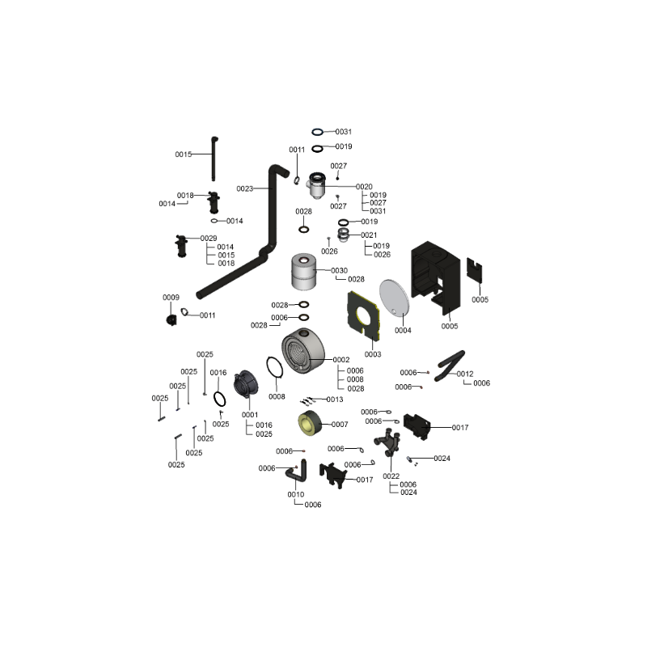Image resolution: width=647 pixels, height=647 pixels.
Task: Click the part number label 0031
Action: [343, 132]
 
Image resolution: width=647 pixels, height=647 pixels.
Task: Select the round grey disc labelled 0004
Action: [395, 297]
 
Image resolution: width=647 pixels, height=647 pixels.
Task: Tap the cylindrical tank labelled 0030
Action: [304, 272]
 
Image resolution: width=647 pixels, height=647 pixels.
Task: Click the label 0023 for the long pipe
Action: [245, 188]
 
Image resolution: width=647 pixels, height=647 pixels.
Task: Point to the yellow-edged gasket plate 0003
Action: [363, 315]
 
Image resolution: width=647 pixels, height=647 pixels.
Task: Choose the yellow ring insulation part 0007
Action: [310, 423]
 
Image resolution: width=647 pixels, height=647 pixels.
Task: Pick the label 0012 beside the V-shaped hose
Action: [465, 374]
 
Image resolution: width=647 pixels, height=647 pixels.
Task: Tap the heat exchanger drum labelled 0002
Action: [303, 351]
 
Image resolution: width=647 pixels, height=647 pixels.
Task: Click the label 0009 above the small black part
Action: [171, 298]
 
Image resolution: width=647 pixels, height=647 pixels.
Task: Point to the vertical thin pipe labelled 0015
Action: [214, 159]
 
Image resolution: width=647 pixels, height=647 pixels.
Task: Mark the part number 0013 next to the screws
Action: [335, 400]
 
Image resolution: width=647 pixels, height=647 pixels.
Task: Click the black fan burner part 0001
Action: [246, 383]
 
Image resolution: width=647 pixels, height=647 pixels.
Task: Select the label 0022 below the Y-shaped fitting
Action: [391, 476]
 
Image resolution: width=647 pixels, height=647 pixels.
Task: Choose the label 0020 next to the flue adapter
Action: [364, 187]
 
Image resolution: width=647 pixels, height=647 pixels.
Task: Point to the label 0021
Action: [369, 235]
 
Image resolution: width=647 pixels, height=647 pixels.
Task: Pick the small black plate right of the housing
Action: [475, 270]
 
